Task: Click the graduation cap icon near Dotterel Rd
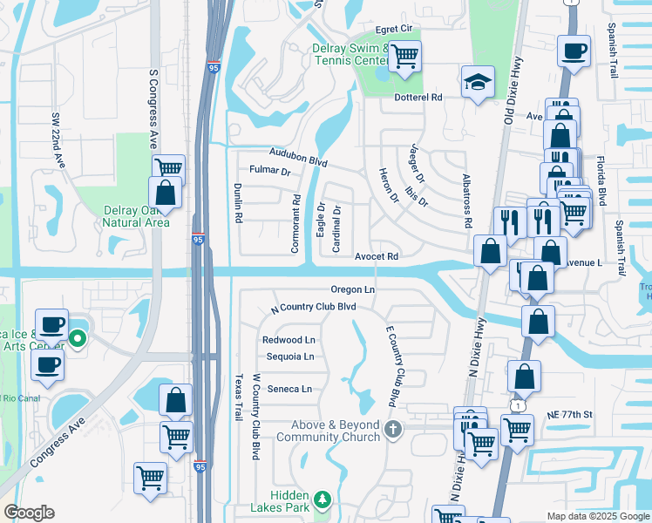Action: tap(477, 82)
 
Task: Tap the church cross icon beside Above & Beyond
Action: tap(393, 429)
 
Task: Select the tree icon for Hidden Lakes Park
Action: tap(323, 499)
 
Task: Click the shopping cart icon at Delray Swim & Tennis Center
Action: tap(404, 57)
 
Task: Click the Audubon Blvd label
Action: tap(298, 155)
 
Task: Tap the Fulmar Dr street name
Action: tap(269, 171)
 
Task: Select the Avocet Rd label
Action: tap(377, 256)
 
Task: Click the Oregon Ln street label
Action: tap(353, 289)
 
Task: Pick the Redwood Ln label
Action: tap(289, 340)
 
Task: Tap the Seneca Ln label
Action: tap(289, 389)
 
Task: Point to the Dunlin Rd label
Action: tap(237, 203)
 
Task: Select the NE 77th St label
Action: tap(569, 414)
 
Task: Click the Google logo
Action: tap(30, 513)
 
